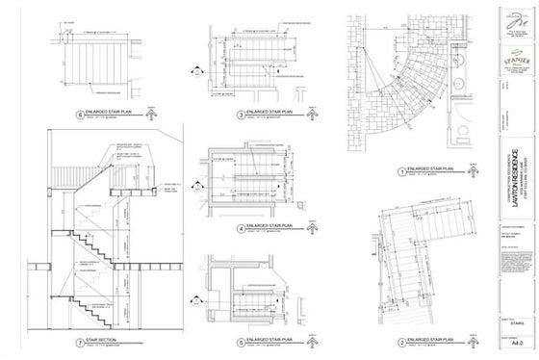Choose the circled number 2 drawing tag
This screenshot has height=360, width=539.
point(371,342)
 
